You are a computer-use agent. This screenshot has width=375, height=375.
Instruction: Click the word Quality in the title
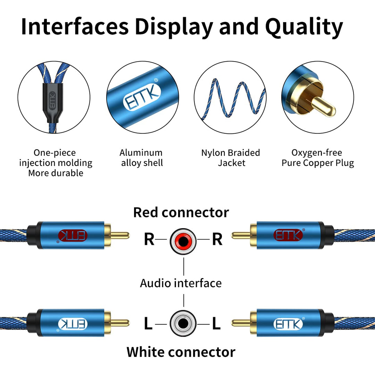point(304,27)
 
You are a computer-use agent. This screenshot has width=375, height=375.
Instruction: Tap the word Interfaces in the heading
point(75,27)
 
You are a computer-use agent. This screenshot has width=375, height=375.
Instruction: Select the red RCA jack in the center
point(183,240)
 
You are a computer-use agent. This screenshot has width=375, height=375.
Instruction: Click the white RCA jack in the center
point(183,324)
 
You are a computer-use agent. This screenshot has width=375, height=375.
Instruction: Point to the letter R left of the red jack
point(149,240)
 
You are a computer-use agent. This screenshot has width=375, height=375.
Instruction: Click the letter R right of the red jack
point(217,240)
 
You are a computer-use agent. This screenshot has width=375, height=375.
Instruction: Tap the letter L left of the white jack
point(148,324)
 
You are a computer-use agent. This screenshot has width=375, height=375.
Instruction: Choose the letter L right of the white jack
point(216,324)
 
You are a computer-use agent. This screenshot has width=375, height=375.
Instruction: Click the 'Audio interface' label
point(181,283)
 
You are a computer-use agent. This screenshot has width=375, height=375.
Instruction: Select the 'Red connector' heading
point(181,212)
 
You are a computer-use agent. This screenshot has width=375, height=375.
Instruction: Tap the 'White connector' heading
point(181,352)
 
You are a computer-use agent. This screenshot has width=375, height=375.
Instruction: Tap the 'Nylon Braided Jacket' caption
point(231,158)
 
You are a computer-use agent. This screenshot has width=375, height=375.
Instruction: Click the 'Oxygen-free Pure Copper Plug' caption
point(317,158)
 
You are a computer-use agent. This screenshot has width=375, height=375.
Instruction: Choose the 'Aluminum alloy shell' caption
point(141,158)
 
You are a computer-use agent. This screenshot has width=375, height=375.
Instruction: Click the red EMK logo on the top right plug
point(288,235)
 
